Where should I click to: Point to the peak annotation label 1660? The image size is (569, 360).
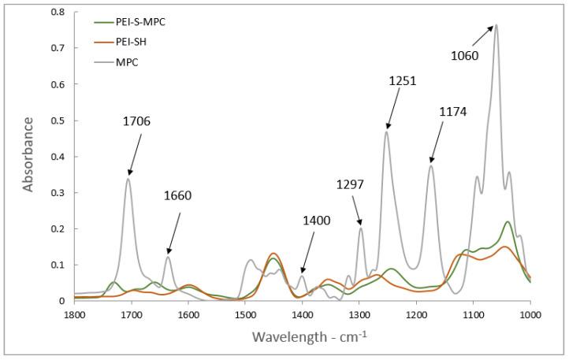pyautogui.click(x=178, y=195)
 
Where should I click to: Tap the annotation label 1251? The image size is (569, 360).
pyautogui.click(x=403, y=80)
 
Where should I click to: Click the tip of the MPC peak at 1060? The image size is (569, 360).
pyautogui.click(x=496, y=25)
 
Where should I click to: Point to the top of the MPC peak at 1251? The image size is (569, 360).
pyautogui.click(x=386, y=132)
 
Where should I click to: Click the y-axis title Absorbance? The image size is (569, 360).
pyautogui.click(x=28, y=154)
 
